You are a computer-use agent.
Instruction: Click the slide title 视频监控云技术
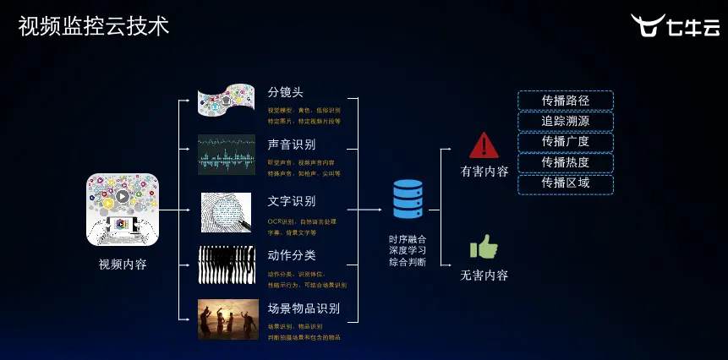click(93, 26)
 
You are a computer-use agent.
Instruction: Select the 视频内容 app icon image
click(123, 209)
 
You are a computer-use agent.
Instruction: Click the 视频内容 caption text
click(123, 265)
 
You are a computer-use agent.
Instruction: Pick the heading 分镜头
click(286, 92)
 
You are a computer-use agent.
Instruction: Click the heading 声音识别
click(292, 145)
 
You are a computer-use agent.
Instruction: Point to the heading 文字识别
click(292, 201)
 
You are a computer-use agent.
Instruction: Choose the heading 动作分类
click(292, 254)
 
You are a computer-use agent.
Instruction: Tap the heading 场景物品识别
click(304, 308)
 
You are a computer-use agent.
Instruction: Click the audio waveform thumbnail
click(227, 154)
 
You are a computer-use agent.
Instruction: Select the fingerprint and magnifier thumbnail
click(227, 212)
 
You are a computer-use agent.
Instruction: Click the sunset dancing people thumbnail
click(227, 319)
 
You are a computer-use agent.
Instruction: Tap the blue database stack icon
click(408, 199)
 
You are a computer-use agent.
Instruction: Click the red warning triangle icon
click(484, 145)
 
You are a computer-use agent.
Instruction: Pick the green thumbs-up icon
click(484, 248)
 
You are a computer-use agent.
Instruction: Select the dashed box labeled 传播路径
click(566, 101)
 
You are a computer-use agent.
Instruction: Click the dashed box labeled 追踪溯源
click(566, 121)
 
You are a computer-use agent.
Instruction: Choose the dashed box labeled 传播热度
click(566, 162)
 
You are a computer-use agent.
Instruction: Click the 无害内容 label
click(484, 275)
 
